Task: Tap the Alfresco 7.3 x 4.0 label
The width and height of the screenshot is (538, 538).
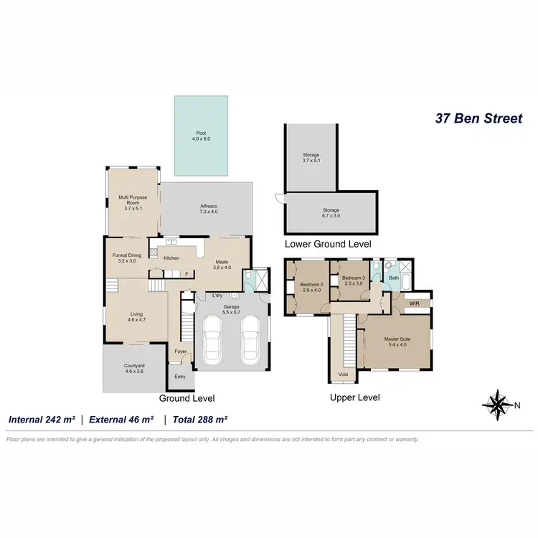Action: click(x=209, y=209)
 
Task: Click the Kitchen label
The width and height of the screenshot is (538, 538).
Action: click(x=171, y=258)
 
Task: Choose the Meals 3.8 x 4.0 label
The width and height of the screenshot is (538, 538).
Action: click(x=222, y=265)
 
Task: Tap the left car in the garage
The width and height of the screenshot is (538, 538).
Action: click(x=213, y=340)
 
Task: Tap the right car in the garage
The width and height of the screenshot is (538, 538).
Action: click(x=249, y=340)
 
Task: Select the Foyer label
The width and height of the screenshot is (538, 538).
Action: click(x=180, y=351)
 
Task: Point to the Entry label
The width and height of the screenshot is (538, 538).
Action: click(x=179, y=376)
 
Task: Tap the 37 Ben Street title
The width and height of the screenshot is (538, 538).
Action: click(x=479, y=118)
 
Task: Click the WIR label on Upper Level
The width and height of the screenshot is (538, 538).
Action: click(x=414, y=303)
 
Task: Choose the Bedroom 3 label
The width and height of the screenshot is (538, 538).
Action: click(x=354, y=280)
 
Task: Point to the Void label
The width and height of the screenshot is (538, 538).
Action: click(x=343, y=374)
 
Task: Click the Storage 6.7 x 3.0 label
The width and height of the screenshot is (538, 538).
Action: click(x=330, y=213)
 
